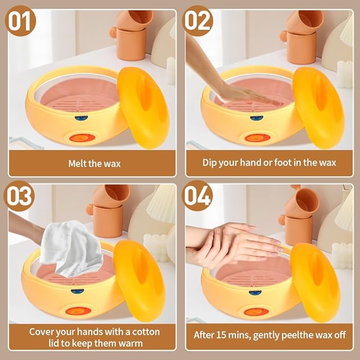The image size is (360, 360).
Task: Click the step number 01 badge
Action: [21, 22]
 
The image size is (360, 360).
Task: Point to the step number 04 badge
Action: [198, 197]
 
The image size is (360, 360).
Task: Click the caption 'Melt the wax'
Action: [94, 163]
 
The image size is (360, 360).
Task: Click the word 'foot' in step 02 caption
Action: [284, 162]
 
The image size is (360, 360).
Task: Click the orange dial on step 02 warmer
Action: [257, 138]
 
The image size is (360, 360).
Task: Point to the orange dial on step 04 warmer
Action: [256, 312]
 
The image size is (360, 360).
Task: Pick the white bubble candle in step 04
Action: [342, 253]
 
